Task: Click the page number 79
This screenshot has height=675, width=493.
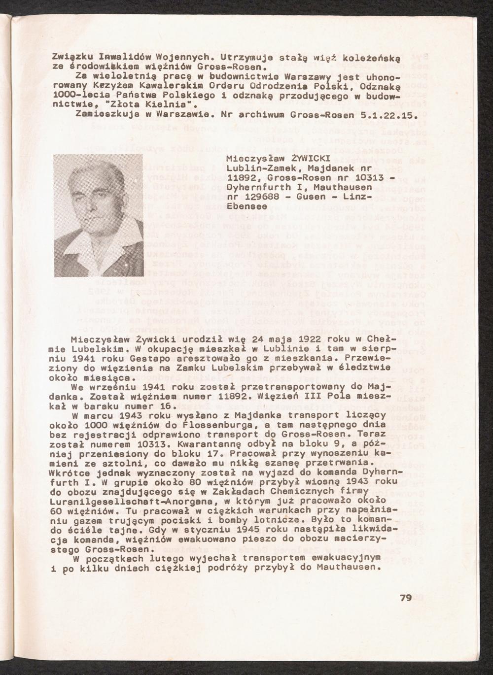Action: (x=406, y=598)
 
